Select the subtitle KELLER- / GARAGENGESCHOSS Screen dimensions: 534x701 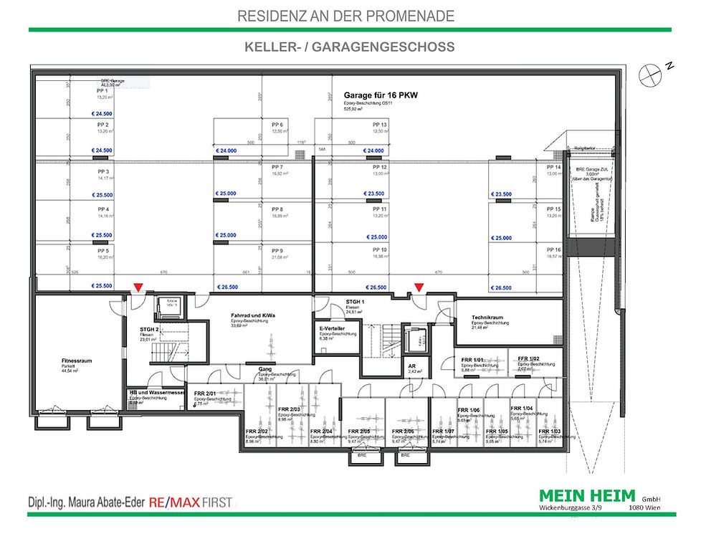[350, 47]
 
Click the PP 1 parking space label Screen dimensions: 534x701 [102, 91]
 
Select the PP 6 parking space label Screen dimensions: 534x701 [277, 125]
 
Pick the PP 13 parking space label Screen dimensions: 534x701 [380, 125]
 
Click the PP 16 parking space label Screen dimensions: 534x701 [553, 250]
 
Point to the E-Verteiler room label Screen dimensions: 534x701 [334, 328]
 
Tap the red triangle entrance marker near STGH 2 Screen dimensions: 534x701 [138, 287]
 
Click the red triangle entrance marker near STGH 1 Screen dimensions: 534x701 [419, 287]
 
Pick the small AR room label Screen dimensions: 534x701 [412, 366]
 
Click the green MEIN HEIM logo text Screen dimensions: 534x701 [587, 495]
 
